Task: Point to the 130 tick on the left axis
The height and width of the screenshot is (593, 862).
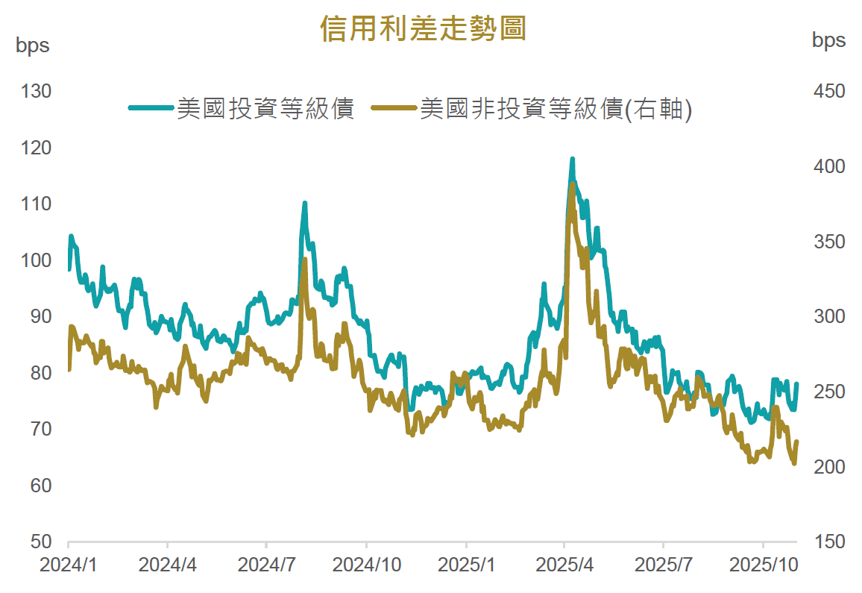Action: (x=37, y=92)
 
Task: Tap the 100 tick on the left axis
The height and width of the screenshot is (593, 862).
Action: (x=37, y=260)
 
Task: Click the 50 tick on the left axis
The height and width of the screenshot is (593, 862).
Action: (x=40, y=542)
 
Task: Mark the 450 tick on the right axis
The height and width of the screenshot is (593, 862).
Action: (x=828, y=92)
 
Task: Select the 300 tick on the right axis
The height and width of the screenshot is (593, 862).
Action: (x=828, y=316)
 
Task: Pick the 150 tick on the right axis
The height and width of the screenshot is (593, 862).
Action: (x=828, y=542)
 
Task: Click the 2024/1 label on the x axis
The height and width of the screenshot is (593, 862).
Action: (x=69, y=565)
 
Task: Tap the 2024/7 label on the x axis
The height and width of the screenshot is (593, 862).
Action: (x=267, y=565)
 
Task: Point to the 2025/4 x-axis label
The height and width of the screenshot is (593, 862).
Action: (x=564, y=565)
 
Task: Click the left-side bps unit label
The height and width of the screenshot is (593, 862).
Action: (x=33, y=45)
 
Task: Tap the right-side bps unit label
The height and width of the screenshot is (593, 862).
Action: (x=828, y=40)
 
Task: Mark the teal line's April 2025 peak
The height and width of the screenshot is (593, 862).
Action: (x=572, y=160)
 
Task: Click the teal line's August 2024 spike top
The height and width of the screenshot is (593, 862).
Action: (x=305, y=203)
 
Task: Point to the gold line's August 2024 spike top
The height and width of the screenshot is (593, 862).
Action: (x=304, y=260)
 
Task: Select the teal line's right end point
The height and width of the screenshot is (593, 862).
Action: (x=796, y=384)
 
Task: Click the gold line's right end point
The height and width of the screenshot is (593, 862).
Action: (x=796, y=442)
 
